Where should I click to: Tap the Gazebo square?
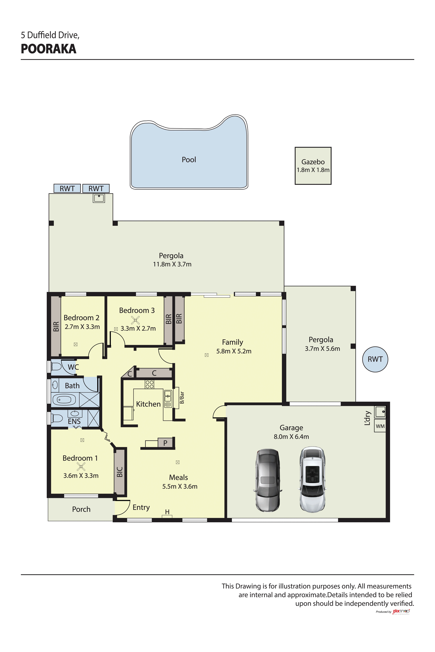313,166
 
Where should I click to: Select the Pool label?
189,160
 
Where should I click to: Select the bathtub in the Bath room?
66,400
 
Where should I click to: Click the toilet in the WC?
56,367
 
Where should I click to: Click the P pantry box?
165,443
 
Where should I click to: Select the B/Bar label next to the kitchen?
182,398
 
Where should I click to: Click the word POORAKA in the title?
49,49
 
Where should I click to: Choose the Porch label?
81,509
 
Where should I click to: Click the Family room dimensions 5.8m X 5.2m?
234,351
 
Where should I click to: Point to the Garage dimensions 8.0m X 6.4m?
291,437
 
